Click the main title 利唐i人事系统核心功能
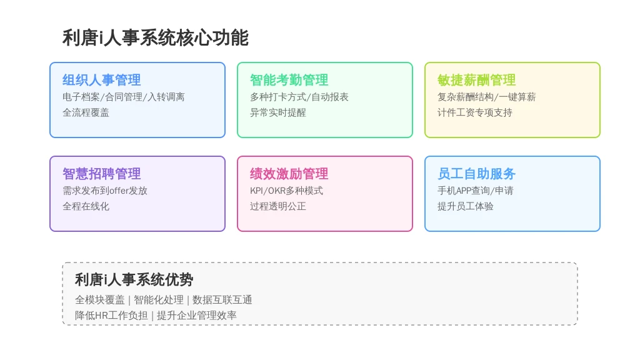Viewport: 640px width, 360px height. pyautogui.click(x=156, y=38)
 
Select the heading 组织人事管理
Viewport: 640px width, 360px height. pyautogui.click(x=102, y=80)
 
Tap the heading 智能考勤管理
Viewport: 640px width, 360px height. pyautogui.click(x=289, y=80)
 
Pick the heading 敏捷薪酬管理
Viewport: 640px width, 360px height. pyautogui.click(x=476, y=80)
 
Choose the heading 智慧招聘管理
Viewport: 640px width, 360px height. pyautogui.click(x=102, y=174)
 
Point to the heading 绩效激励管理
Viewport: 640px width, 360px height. pyautogui.click(x=289, y=174)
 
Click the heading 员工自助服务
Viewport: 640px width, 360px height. pyautogui.click(x=476, y=174)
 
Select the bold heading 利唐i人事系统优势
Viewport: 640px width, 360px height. pyautogui.click(x=134, y=279)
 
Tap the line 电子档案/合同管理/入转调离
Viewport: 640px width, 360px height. pyautogui.click(x=124, y=97)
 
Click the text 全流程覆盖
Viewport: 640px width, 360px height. pyautogui.click(x=86, y=112)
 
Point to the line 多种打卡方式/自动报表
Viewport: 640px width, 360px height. pyautogui.click(x=299, y=97)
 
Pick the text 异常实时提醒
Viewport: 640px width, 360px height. pyautogui.click(x=278, y=112)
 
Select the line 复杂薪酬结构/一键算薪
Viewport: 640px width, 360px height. pyautogui.click(x=486, y=97)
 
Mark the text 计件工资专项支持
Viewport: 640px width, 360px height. pyautogui.click(x=475, y=112)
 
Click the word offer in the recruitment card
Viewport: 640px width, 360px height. pyautogui.click(x=119, y=191)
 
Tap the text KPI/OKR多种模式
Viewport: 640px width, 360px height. pyautogui.click(x=286, y=191)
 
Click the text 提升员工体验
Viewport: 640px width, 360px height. pyautogui.click(x=465, y=206)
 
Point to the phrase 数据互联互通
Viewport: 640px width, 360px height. pyautogui.click(x=222, y=300)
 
